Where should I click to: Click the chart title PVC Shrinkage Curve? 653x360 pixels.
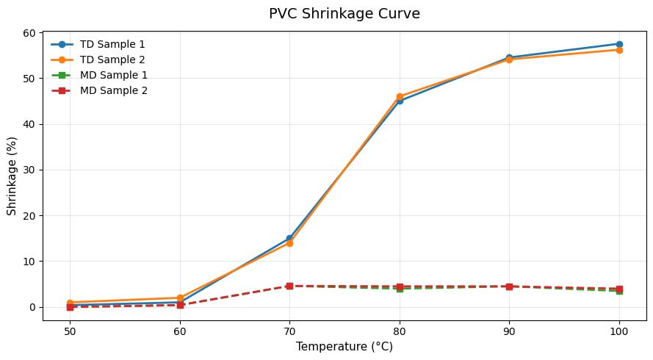tap(344, 14)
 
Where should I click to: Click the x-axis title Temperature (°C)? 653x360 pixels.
tap(344, 346)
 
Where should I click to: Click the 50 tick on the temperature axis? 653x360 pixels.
tap(70, 330)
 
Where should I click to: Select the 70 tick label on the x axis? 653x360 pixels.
tap(289, 330)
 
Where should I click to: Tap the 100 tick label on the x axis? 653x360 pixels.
tap(619, 330)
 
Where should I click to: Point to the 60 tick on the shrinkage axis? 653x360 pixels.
tap(29, 32)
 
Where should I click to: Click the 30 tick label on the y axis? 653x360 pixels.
tap(29, 170)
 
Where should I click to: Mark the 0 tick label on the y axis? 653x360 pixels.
tap(32, 307)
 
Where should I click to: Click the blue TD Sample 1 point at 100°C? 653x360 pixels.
tap(619, 44)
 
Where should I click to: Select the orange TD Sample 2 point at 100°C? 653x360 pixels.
tap(619, 50)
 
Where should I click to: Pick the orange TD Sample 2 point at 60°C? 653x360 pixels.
tap(180, 298)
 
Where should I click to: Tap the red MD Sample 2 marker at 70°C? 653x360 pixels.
tap(289, 286)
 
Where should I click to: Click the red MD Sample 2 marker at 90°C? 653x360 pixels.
tap(509, 287)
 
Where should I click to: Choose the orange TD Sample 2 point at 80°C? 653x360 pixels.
tap(400, 96)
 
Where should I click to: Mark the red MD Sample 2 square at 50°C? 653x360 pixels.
tap(70, 306)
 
